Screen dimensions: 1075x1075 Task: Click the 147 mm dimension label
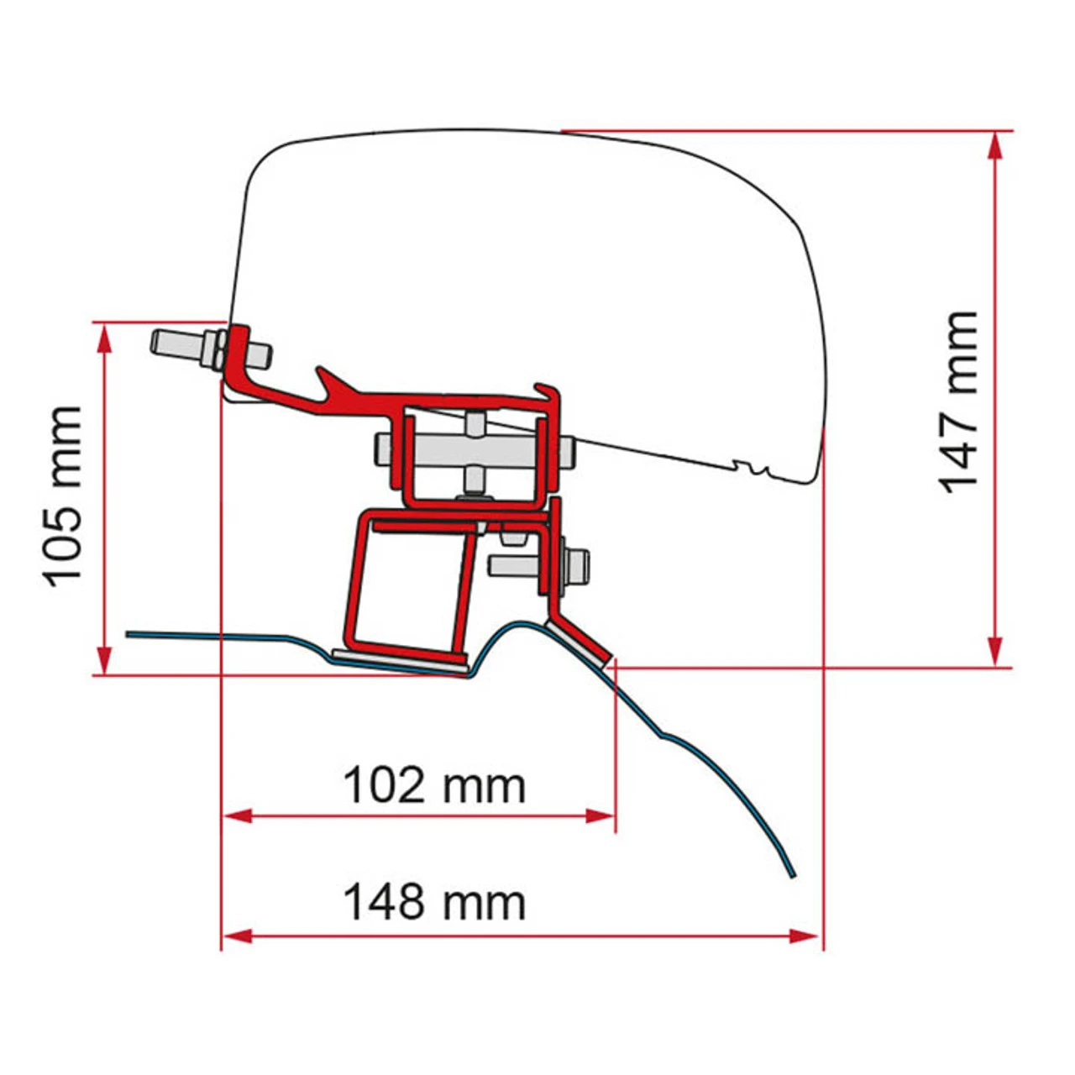pos(959,401)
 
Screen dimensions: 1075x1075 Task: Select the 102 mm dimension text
pos(434,786)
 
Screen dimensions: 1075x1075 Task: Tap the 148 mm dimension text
pos(434,903)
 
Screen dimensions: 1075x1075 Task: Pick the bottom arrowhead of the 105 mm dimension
pos(104,659)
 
